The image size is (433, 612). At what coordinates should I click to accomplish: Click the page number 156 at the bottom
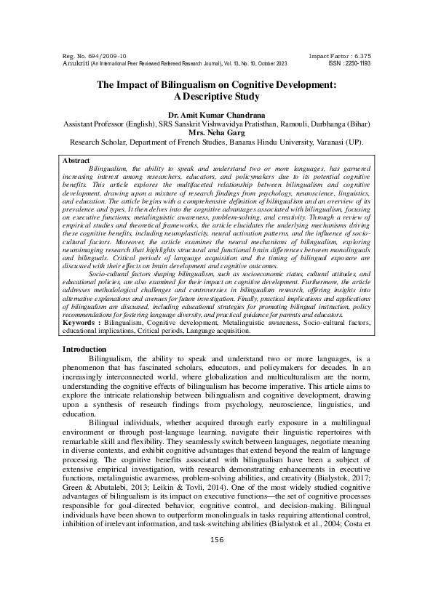[216, 579]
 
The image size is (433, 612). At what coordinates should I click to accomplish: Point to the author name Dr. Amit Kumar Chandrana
[216, 115]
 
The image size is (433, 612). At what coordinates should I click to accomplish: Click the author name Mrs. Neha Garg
[216, 134]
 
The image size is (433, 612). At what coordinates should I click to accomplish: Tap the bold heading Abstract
[77, 159]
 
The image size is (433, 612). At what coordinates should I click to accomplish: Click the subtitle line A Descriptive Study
[216, 96]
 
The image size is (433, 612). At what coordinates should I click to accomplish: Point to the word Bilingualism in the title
[183, 84]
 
